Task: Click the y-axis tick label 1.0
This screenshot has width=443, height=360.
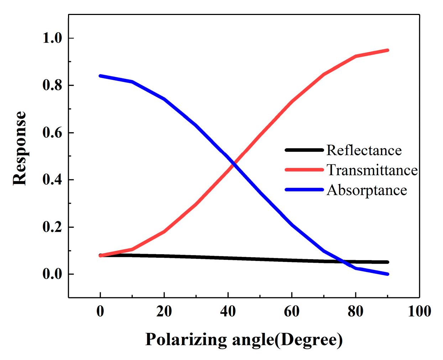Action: (52, 38)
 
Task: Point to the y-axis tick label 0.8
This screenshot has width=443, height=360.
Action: (52, 86)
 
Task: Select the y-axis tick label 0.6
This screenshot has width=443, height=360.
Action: (52, 133)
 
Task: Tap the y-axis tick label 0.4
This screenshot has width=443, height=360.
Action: (52, 180)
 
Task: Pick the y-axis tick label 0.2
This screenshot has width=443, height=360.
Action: (52, 227)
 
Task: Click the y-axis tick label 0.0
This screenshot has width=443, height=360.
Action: (52, 274)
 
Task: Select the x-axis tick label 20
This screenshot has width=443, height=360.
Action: (164, 312)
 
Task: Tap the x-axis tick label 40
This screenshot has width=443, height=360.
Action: (228, 312)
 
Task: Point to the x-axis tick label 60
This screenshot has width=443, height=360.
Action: (292, 312)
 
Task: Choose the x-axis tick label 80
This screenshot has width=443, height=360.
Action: (355, 312)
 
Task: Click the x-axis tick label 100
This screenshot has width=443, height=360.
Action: (419, 312)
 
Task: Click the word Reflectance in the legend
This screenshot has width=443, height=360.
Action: (364, 150)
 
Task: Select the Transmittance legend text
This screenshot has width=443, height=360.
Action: (372, 170)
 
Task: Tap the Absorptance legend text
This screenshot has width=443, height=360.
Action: (367, 190)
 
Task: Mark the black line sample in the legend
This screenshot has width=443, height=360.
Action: (304, 150)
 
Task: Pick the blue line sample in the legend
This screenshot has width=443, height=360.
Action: (304, 190)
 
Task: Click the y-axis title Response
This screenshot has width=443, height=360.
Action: (20, 148)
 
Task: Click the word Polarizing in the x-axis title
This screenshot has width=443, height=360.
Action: (186, 339)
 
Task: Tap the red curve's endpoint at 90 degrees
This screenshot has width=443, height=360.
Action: (387, 50)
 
